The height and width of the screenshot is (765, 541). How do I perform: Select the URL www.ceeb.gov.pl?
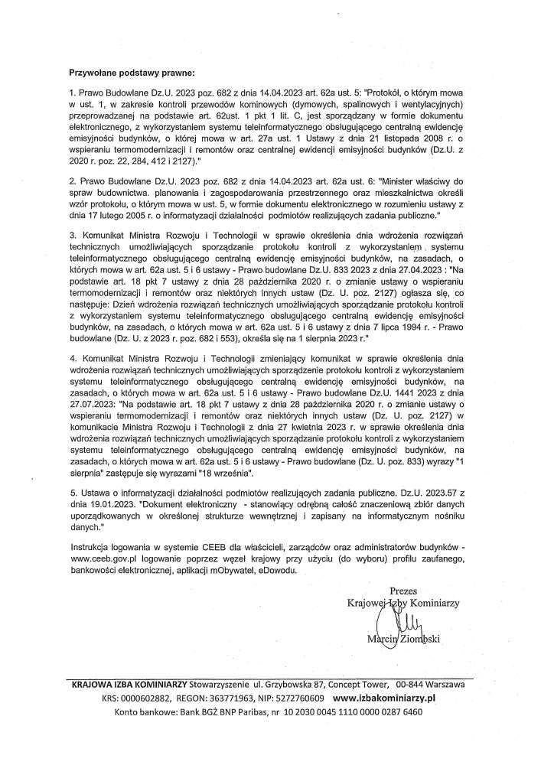coord(104,559)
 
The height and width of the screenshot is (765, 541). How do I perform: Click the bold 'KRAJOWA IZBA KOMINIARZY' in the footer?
coord(127,685)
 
